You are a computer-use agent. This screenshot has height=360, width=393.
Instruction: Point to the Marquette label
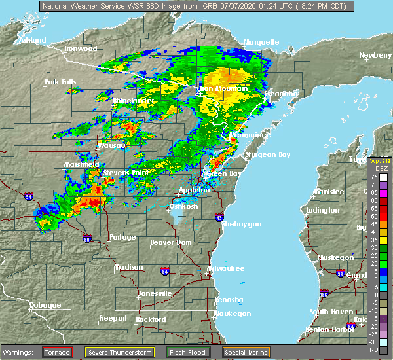(261, 42)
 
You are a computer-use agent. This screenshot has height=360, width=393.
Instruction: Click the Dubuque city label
(45, 305)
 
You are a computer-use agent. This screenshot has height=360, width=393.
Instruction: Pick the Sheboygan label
(241, 224)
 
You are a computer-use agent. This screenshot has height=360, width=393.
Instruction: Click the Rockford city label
(151, 319)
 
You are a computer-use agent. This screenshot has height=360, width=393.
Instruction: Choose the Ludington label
(322, 211)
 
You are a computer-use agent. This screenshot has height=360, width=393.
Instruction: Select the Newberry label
(375, 55)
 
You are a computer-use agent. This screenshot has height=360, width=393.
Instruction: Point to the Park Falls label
(61, 82)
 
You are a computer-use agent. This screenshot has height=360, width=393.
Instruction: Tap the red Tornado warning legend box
(58, 352)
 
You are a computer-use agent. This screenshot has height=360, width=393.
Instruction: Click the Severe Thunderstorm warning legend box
(120, 352)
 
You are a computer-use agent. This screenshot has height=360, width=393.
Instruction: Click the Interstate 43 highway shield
(219, 217)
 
